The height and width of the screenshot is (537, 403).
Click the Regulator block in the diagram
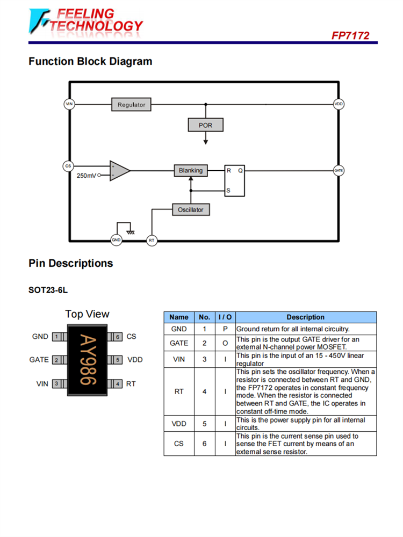[x=131, y=105]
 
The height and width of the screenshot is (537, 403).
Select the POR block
[x=205, y=125]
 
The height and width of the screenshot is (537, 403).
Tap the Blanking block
[x=191, y=170]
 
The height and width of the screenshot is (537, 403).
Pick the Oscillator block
[x=191, y=209]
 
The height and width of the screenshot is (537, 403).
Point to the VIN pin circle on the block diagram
[x=69, y=104]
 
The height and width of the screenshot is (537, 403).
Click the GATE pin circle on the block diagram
[x=339, y=170]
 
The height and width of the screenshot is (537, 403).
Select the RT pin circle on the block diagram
[x=152, y=241]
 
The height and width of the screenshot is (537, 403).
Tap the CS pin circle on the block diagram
[x=68, y=166]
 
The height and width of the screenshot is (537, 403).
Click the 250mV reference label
[x=86, y=176]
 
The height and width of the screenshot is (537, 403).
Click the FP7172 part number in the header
[x=350, y=36]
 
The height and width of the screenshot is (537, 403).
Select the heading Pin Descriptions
[x=70, y=263]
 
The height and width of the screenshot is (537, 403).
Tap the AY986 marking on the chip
[x=87, y=360]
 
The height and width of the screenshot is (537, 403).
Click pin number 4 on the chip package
[x=117, y=384]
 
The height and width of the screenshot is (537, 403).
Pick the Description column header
[x=305, y=317]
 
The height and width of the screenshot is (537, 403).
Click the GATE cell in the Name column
[x=179, y=343]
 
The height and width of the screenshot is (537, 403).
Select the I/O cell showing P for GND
[x=225, y=329]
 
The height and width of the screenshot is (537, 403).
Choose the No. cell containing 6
[x=204, y=444]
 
